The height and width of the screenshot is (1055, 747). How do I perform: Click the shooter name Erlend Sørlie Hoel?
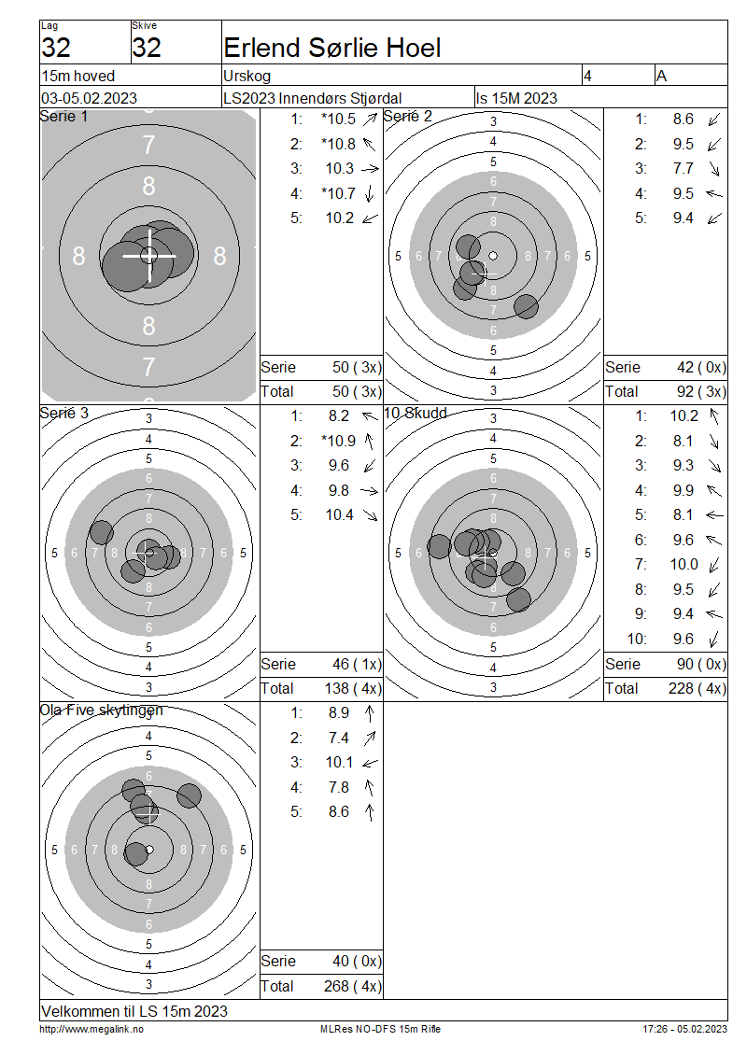pos(331,48)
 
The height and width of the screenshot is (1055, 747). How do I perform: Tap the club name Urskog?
pos(247,76)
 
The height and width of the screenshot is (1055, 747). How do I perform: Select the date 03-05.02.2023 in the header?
pos(89,98)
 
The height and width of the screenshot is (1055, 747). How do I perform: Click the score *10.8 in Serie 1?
pos(339,144)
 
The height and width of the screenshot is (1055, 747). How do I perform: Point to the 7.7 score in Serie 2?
pos(684,168)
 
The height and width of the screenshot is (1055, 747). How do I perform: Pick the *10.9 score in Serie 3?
pos(339,441)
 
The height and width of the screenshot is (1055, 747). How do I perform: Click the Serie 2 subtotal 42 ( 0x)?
pos(701,367)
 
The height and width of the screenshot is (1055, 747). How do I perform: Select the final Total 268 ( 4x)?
pos(353,986)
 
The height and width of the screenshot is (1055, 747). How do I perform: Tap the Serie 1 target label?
pos(63,117)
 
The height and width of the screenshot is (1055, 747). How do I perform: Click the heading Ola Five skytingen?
pos(102,710)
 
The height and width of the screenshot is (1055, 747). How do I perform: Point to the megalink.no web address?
pos(92,1029)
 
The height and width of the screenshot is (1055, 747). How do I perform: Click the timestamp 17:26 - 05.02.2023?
pos(684,1029)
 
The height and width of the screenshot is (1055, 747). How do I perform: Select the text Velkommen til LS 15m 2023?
pos(134,1011)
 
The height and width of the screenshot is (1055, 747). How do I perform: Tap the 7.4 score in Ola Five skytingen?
pos(339,738)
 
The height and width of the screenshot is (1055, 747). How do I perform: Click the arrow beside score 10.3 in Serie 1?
pos(370,169)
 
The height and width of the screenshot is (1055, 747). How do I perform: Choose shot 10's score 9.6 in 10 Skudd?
pos(684,639)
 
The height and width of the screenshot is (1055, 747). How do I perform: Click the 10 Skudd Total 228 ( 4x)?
pos(698,688)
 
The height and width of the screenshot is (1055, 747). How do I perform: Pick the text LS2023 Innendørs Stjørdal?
pos(313,98)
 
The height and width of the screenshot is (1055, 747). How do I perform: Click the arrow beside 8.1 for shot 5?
pos(714,515)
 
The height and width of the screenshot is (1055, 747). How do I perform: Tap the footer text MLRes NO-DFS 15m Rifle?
pos(380,1029)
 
